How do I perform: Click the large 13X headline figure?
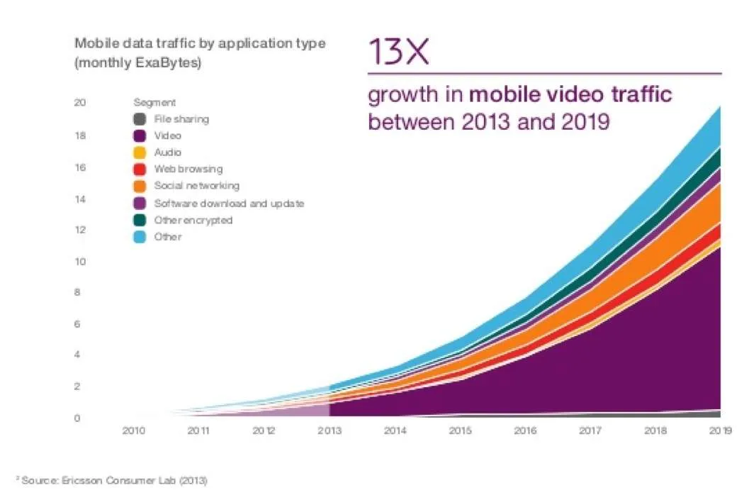[398, 51]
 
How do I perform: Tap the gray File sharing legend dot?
[140, 118]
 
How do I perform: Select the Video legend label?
[167, 136]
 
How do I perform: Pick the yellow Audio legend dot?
[140, 152]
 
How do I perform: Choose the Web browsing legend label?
[188, 169]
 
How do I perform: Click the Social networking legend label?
[197, 186]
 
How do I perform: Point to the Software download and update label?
[229, 204]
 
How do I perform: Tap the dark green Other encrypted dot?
[140, 220]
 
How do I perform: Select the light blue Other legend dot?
[140, 237]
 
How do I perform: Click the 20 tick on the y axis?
[80, 102]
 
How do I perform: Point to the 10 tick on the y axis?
[80, 261]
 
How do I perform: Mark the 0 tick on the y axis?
[77, 418]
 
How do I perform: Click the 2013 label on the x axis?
[329, 430]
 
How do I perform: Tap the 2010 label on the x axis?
[134, 430]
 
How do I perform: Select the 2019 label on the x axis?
[721, 430]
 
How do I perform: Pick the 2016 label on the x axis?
[525, 430]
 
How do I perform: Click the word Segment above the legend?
[154, 103]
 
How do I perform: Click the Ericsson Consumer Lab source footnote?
[114, 480]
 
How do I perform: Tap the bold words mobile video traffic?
[570, 94]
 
